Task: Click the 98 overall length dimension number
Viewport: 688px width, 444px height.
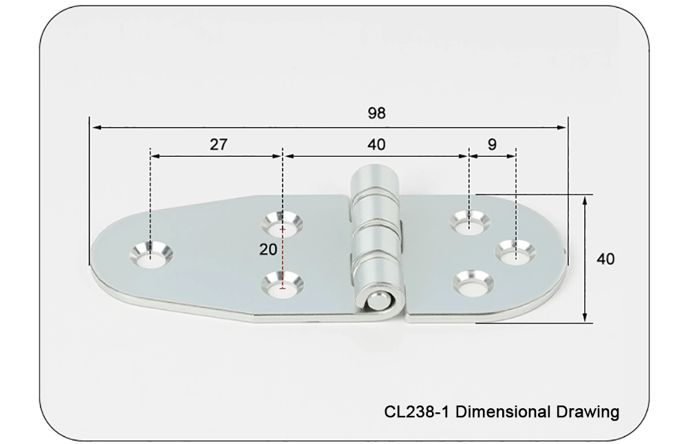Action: pos(376,114)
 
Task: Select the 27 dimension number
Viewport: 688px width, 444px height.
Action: pos(217,144)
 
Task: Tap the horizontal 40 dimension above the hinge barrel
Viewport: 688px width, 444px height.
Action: pos(376,144)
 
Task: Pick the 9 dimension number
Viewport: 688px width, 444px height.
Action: pos(491,144)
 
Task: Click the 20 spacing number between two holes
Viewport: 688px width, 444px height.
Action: pos(268,249)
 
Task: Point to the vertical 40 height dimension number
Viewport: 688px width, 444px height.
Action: pos(605,259)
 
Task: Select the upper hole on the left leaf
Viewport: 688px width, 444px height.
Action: pos(282,223)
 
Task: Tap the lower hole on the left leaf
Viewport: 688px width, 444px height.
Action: pos(282,284)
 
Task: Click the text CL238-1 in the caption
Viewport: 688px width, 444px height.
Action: pos(417,412)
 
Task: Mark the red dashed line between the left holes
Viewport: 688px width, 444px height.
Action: pos(282,254)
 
